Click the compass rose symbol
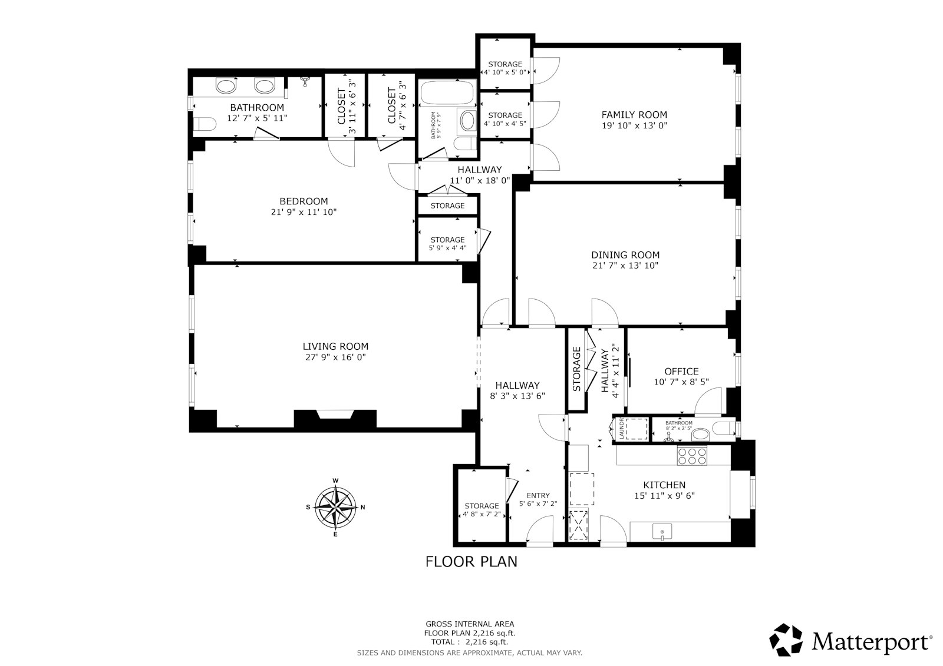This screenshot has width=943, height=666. [x=335, y=508]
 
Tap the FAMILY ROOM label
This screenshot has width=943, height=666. [x=634, y=114]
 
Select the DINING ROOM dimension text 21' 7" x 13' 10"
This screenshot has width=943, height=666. [x=625, y=266]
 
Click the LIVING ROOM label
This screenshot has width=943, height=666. [x=335, y=346]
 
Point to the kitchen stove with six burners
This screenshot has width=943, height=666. [x=692, y=456]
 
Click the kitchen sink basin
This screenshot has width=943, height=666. [x=662, y=531]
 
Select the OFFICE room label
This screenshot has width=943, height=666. [x=681, y=372]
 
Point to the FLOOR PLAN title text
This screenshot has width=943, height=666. [x=471, y=562]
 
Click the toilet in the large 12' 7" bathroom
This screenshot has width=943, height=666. [x=205, y=124]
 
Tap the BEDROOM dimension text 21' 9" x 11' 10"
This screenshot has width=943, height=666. [x=304, y=212]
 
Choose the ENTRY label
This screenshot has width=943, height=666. [x=538, y=495]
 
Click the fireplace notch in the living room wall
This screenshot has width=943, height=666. [x=335, y=415]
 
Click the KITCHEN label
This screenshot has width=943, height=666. [x=664, y=485]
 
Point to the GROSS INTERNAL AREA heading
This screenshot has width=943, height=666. [x=470, y=624]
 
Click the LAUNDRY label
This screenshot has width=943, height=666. [x=621, y=429]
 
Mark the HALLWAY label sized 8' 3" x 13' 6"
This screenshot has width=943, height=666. [x=517, y=385]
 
